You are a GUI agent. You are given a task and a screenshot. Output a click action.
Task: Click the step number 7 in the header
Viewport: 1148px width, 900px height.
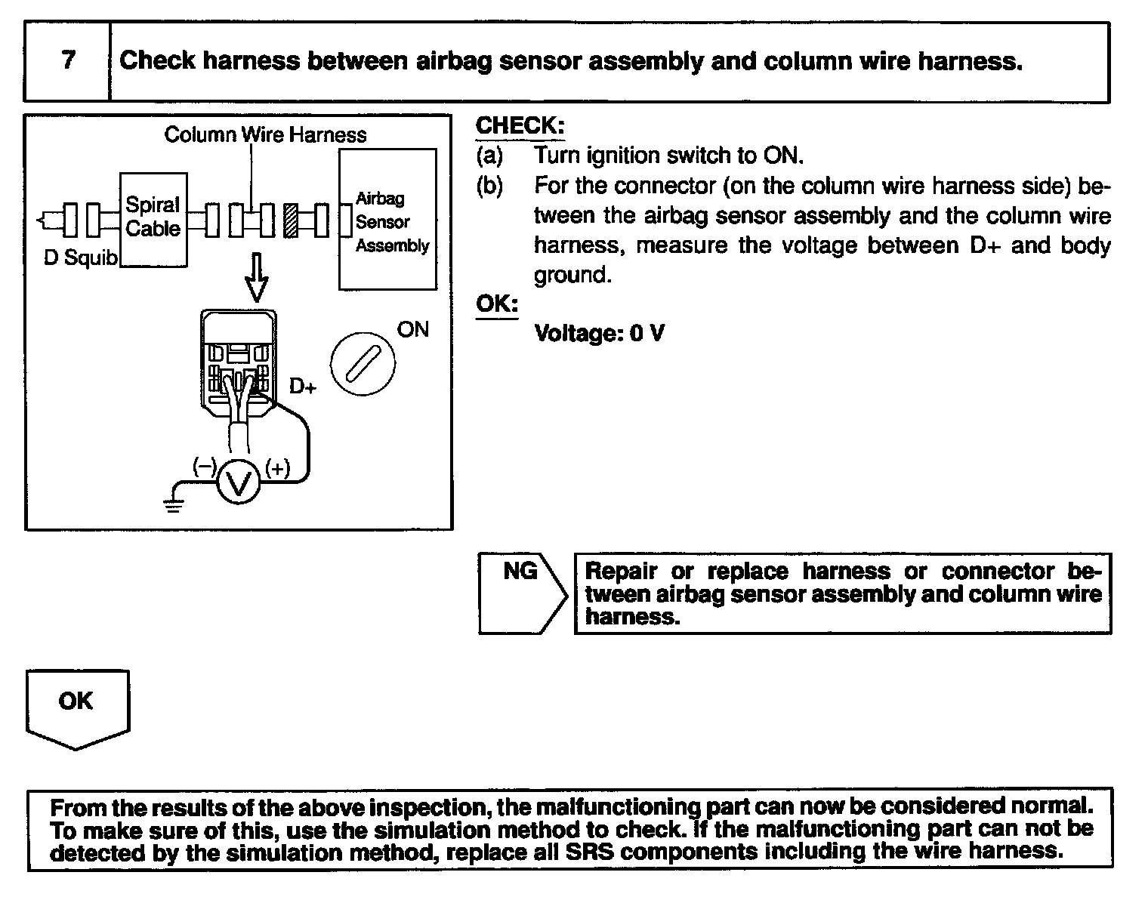click(68, 60)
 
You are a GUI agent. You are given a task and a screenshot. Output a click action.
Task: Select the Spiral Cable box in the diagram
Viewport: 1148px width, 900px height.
click(153, 219)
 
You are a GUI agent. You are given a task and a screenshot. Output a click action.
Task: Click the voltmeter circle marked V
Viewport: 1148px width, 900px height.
click(239, 480)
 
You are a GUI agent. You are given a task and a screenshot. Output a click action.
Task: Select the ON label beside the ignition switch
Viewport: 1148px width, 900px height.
click(412, 330)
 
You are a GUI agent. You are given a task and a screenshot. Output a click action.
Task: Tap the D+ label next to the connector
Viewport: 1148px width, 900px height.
click(303, 387)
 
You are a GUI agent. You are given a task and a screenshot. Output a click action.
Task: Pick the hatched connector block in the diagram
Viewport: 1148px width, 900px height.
click(290, 221)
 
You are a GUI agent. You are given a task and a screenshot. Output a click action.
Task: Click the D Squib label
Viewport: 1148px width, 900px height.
click(81, 258)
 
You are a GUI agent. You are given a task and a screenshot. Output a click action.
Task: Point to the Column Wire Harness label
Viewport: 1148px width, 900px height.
click(265, 135)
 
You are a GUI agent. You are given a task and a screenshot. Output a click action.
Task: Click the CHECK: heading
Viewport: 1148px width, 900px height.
click(520, 125)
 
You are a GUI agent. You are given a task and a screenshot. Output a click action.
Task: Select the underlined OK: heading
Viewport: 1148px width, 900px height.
click(497, 304)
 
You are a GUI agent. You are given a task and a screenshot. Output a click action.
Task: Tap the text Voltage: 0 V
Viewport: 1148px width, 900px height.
click(599, 333)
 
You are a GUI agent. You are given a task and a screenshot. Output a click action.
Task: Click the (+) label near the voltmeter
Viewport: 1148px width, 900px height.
click(276, 469)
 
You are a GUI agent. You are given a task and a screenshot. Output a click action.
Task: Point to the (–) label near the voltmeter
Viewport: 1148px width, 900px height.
click(204, 467)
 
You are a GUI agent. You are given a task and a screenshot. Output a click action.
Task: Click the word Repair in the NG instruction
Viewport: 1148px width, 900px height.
click(622, 572)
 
